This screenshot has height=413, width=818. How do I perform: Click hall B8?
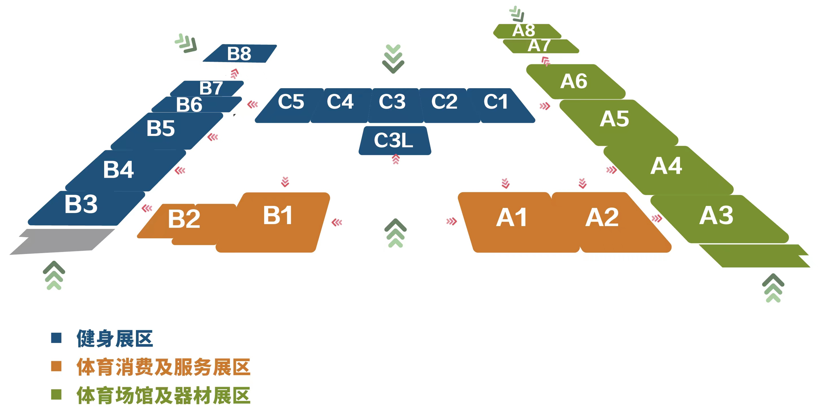[x=240, y=53]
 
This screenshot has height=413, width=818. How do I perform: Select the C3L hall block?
[x=395, y=141]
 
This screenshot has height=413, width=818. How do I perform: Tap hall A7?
[x=540, y=46]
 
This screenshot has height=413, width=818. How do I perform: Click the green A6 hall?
[x=575, y=82]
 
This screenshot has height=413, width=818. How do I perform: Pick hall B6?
[x=196, y=105]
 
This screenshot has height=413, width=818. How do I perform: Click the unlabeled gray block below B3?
[x=63, y=241]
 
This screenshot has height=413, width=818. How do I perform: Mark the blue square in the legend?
[x=56, y=338]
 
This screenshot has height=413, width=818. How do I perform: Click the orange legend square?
[x=56, y=366]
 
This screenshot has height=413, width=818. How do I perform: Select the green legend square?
[x=56, y=395]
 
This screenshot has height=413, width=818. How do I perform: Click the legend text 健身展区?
[x=115, y=339]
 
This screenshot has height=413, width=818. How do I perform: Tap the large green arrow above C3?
[x=393, y=59]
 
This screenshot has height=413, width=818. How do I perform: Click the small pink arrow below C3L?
[x=396, y=159]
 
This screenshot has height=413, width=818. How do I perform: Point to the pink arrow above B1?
[x=285, y=182]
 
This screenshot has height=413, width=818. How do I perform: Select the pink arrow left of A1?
[x=452, y=221]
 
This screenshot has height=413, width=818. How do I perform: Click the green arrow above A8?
[x=517, y=14]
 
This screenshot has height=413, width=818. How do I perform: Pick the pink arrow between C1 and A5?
[x=545, y=106]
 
